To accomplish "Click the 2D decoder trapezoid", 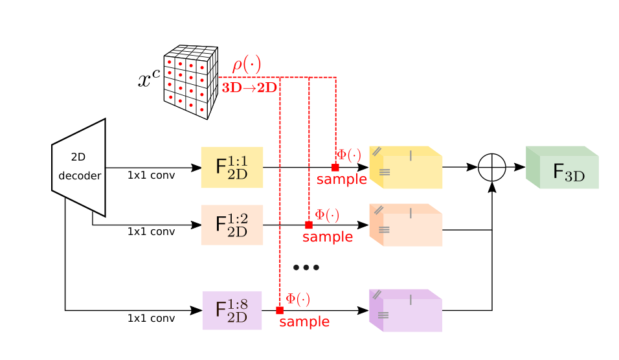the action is pyautogui.click(x=79, y=168).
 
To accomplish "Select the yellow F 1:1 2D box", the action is pyautogui.click(x=232, y=167).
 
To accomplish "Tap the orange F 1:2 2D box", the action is pyautogui.click(x=232, y=225).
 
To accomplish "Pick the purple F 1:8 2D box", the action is pyautogui.click(x=232, y=310).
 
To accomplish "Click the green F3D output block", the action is pyautogui.click(x=562, y=167).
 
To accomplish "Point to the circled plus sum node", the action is pyautogui.click(x=492, y=167).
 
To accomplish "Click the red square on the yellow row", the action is pyautogui.click(x=335, y=167).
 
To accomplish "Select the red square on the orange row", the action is pyautogui.click(x=309, y=225).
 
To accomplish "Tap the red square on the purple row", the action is pyautogui.click(x=280, y=310).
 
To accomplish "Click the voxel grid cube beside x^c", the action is pyautogui.click(x=191, y=82).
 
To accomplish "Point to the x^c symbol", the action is pyautogui.click(x=149, y=78).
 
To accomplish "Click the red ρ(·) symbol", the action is pyautogui.click(x=247, y=64).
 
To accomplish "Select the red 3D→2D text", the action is pyautogui.click(x=249, y=87).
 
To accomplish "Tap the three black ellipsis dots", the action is pyautogui.click(x=306, y=267).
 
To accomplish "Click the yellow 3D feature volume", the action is pyautogui.click(x=406, y=167).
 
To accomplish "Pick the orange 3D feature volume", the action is pyautogui.click(x=406, y=225).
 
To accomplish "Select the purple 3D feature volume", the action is pyautogui.click(x=406, y=310).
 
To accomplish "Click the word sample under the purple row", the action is pyautogui.click(x=304, y=322).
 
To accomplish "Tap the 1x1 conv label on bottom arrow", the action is pyautogui.click(x=152, y=318).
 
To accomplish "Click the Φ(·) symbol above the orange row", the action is pyautogui.click(x=327, y=215).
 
